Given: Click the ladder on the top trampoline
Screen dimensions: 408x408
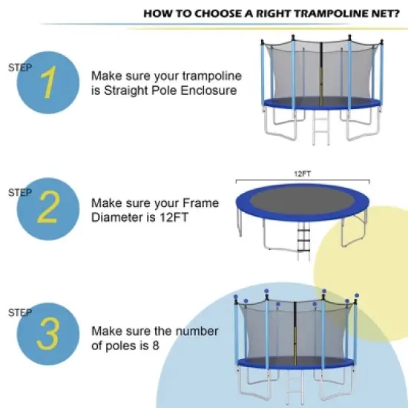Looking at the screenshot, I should [321, 126].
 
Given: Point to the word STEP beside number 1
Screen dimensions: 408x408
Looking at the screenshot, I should [19, 67].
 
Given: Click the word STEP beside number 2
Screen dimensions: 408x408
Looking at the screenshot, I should [19, 192].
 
